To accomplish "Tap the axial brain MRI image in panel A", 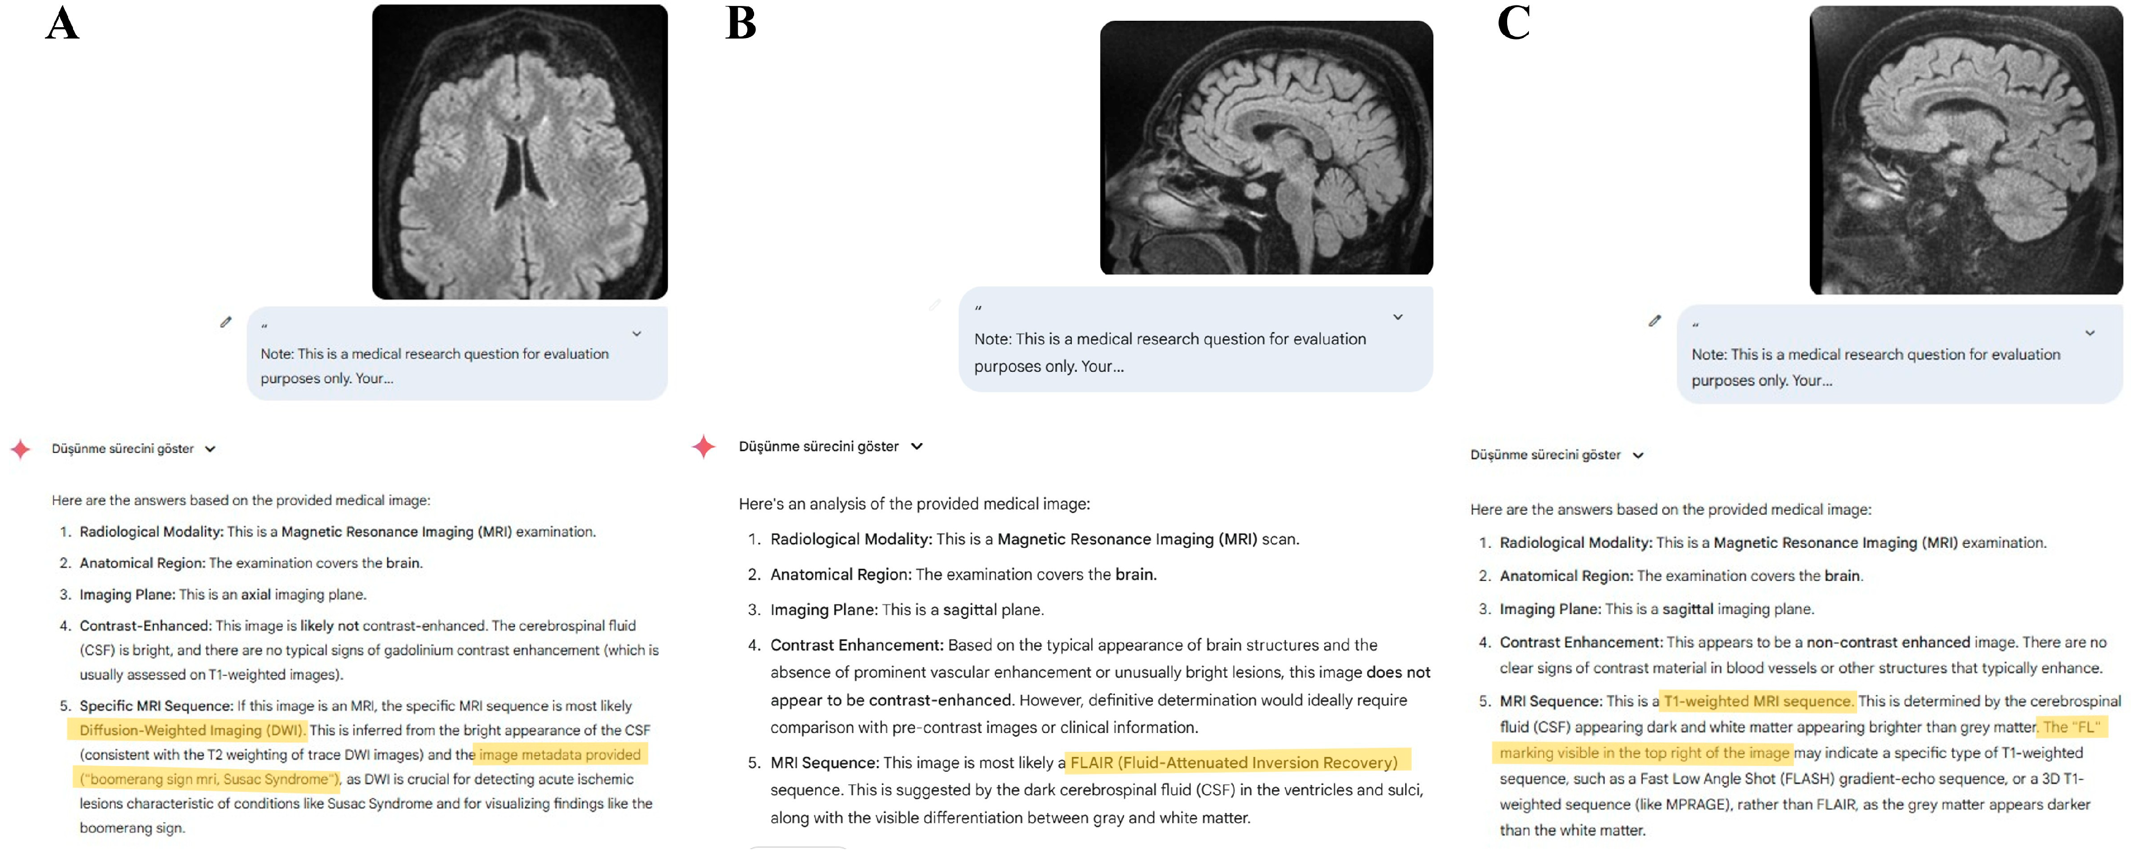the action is [x=520, y=152].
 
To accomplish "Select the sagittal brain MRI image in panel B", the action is [x=1266, y=147].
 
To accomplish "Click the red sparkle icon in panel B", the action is [x=703, y=446].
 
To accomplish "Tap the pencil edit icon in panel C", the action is [x=1654, y=321].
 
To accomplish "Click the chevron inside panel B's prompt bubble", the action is [x=1397, y=317].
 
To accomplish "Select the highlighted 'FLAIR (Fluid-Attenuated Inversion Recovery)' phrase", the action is [x=1233, y=763].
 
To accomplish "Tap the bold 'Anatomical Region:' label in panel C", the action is [x=1566, y=575].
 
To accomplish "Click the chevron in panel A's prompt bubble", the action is [x=636, y=333].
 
